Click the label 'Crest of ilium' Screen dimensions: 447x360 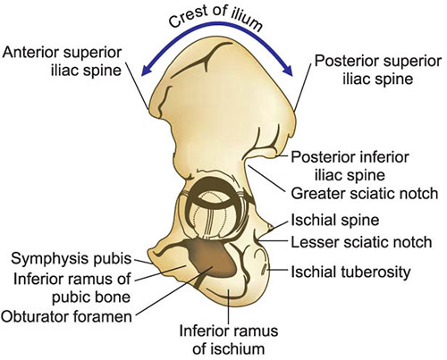click(x=215, y=18)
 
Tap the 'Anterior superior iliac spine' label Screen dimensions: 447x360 click(x=63, y=62)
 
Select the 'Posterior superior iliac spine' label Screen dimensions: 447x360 click(x=378, y=70)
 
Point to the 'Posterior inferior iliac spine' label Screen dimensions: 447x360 click(x=350, y=166)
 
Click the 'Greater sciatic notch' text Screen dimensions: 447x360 click(x=365, y=194)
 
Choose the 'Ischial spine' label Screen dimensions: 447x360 click(x=335, y=221)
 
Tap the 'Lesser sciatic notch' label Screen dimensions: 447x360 click(x=361, y=242)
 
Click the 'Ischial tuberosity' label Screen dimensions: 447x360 click(x=350, y=272)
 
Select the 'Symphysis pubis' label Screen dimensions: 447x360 click(x=72, y=259)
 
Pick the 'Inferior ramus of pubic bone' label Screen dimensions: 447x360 click(x=72, y=288)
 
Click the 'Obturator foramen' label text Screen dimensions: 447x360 click(x=66, y=316)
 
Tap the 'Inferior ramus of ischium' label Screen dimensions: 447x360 click(x=229, y=339)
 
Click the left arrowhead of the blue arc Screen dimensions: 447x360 click(x=146, y=71)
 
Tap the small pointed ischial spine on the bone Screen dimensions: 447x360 click(x=270, y=228)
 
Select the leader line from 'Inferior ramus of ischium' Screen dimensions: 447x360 click(x=228, y=306)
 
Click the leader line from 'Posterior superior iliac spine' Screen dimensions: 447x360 click(x=302, y=88)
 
